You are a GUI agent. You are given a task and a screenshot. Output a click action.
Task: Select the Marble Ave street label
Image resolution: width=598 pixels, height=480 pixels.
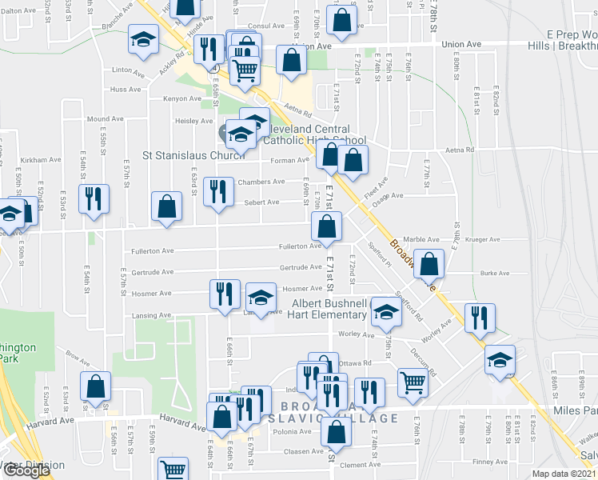tap(421, 239)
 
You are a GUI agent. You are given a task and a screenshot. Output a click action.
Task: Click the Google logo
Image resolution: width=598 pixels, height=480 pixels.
tap(26, 470)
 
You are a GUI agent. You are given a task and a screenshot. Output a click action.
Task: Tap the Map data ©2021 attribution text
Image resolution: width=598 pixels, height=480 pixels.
tap(564, 474)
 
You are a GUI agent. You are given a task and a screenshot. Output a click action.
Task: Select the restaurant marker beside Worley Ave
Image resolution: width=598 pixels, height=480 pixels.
tap(480, 317)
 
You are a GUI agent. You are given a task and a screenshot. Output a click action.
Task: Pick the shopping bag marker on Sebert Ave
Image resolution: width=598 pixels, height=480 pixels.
tap(166, 206)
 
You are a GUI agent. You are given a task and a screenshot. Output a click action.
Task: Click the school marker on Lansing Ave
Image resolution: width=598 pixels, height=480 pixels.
tap(260, 298)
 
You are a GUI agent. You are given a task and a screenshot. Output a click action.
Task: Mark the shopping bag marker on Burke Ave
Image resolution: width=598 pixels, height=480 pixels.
tap(429, 265)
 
